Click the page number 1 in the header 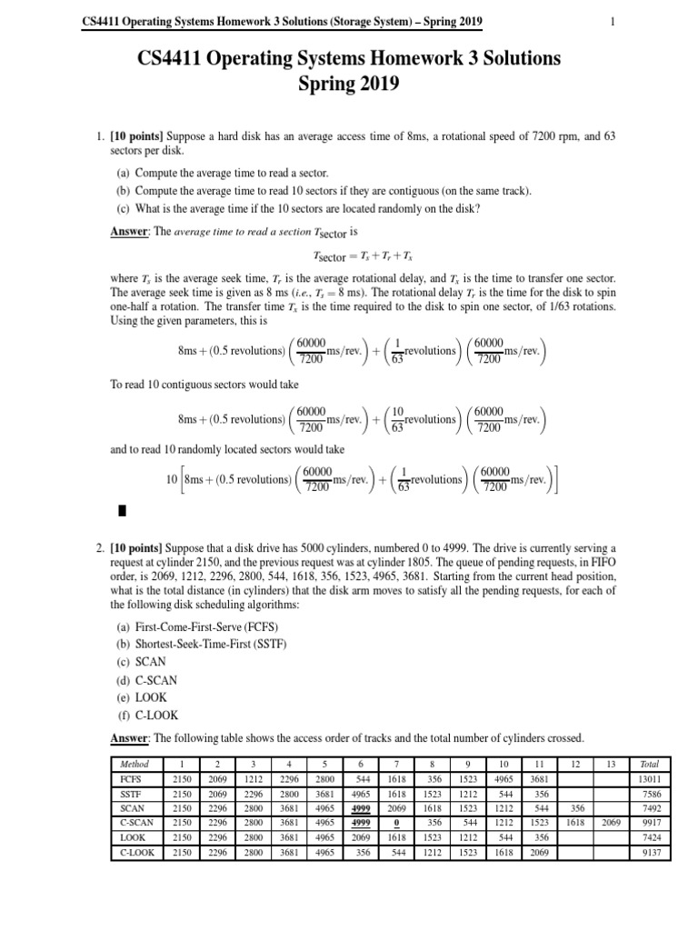coord(613,22)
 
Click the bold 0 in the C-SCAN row coord(387,829)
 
